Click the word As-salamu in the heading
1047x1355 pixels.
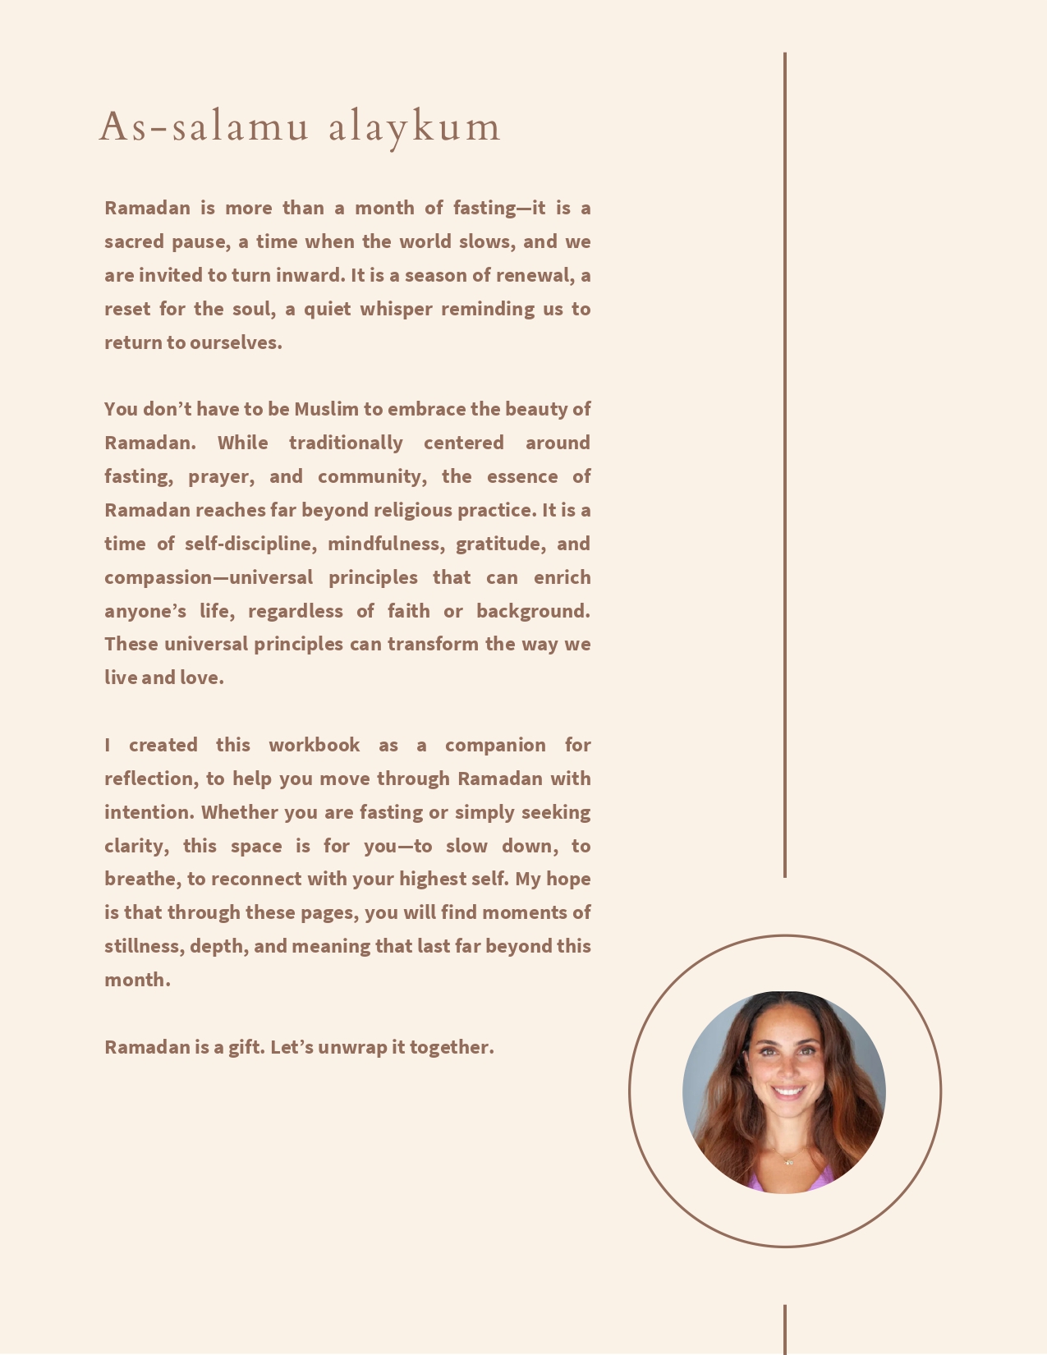point(204,126)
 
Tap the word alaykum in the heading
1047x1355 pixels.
point(415,128)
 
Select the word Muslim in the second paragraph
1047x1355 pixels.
point(326,409)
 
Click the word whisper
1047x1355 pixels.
point(396,309)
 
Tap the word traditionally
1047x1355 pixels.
point(346,443)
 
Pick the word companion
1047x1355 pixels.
point(495,745)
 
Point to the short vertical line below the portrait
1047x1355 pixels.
point(785,1329)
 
